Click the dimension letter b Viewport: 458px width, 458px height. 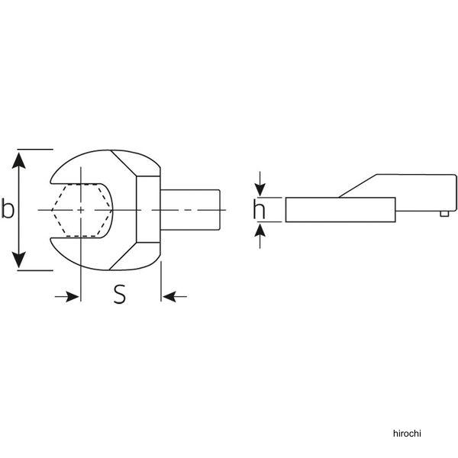pyautogui.click(x=8, y=208)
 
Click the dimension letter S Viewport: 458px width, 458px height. pyautogui.click(x=120, y=294)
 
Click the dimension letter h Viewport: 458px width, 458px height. pyautogui.click(x=259, y=209)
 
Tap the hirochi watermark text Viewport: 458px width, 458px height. pyautogui.click(x=407, y=433)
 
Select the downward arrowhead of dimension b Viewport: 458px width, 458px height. pyautogui.click(x=19, y=260)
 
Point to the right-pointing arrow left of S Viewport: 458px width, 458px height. pyautogui.click(x=67, y=296)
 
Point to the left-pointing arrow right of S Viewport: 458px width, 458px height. pyautogui.click(x=175, y=296)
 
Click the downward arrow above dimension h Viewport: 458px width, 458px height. pyautogui.click(x=260, y=184)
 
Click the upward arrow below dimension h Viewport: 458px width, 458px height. pyautogui.click(x=260, y=236)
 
